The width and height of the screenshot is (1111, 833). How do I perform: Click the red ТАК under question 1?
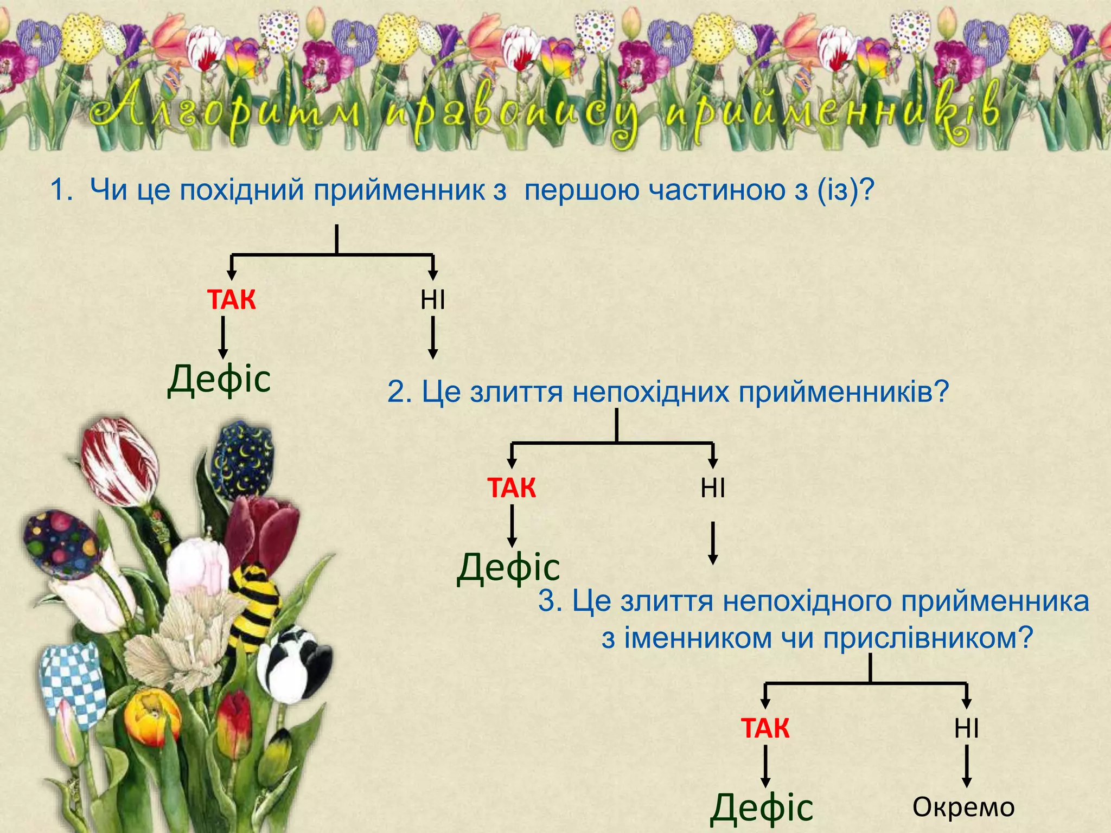click(x=231, y=300)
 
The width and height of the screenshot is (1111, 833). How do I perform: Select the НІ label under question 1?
click(x=432, y=300)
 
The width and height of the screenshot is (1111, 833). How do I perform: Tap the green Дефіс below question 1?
click(x=219, y=379)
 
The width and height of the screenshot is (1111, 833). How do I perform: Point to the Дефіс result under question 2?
click(x=508, y=567)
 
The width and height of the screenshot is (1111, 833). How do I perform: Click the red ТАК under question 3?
click(x=765, y=728)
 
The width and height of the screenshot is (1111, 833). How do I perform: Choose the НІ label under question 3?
click(x=966, y=728)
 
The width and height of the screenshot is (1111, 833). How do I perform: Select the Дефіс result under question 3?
click(x=762, y=808)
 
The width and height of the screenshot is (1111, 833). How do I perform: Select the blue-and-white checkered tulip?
click(x=73, y=683)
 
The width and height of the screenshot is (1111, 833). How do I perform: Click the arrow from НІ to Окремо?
click(x=966, y=766)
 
